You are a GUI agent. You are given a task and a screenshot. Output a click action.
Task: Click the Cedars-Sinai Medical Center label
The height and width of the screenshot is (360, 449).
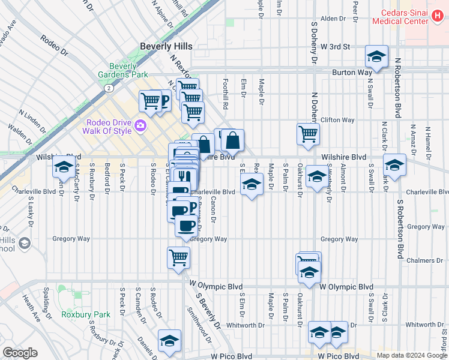pos(403,17)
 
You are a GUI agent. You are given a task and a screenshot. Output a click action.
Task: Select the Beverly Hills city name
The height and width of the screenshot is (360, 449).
pos(166,46)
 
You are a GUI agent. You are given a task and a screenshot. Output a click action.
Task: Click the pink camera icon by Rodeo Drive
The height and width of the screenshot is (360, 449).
pos(140,125)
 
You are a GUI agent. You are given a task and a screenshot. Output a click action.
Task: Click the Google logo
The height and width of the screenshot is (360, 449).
pos(20,353)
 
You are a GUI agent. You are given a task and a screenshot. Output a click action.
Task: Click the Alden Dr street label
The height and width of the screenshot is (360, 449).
pos(333,19)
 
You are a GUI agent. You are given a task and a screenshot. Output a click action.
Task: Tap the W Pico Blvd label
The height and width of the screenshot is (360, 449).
pos(231,356)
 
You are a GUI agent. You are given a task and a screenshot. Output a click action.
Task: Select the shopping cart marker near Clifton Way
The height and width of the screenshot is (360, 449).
pos(308,134)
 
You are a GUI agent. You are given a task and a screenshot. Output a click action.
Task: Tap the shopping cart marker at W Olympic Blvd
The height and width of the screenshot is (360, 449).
pos(178,259)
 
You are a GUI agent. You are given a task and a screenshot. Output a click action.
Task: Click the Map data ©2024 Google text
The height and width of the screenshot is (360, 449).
pos(411,355)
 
